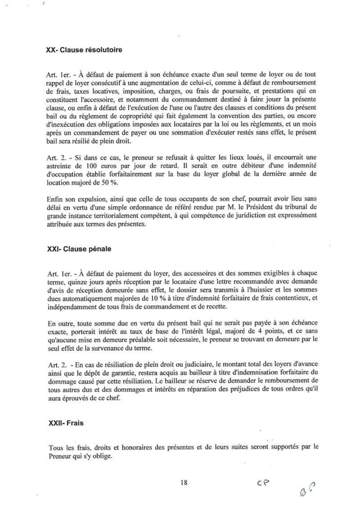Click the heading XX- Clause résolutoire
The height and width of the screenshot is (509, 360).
84,50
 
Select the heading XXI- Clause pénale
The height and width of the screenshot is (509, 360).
79,248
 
